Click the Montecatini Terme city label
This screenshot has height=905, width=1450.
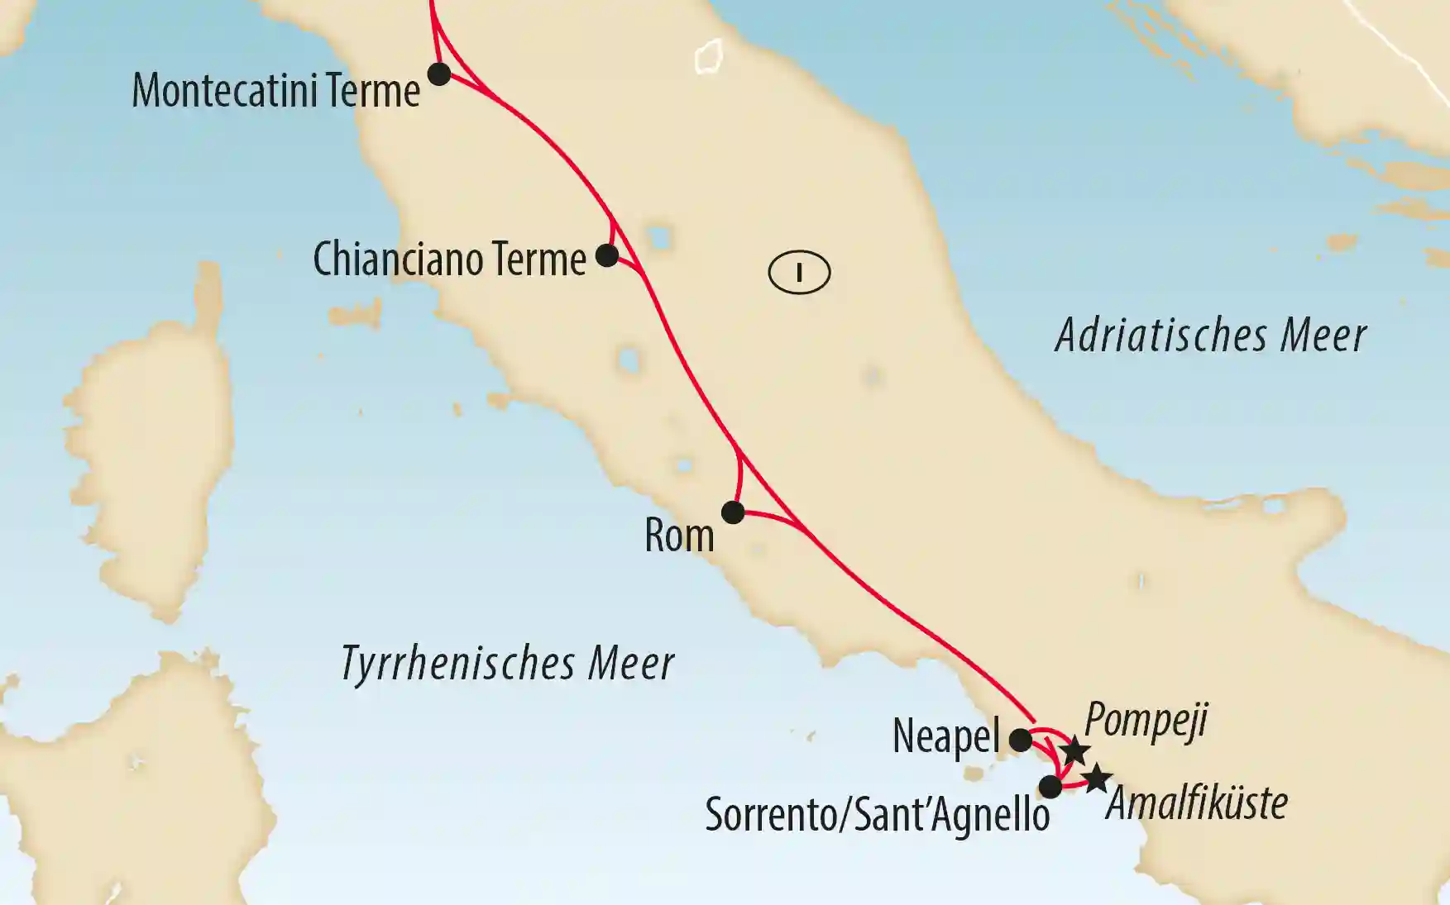[x=275, y=91]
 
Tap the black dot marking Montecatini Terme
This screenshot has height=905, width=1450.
[x=438, y=74]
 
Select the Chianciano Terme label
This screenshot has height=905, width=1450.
[x=449, y=260]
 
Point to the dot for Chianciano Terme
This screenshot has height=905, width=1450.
[x=607, y=255]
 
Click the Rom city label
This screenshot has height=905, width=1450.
[x=679, y=536]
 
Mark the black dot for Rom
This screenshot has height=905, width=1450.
[x=733, y=512]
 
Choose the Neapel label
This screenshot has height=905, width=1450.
[x=945, y=736]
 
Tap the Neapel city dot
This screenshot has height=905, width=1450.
[x=1021, y=739]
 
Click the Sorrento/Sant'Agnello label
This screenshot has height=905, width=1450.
[x=877, y=816]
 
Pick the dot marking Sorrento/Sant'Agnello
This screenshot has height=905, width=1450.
[x=1050, y=786]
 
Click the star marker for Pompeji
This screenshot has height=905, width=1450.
[x=1074, y=750]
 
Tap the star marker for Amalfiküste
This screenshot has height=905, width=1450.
[x=1097, y=778]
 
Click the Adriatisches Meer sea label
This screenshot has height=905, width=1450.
[x=1210, y=336]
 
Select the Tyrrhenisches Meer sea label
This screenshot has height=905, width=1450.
[x=507, y=664]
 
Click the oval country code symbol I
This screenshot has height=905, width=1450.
[x=799, y=272]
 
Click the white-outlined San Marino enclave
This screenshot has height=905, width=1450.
[x=709, y=57]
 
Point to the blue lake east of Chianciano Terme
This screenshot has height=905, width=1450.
[x=659, y=238]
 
